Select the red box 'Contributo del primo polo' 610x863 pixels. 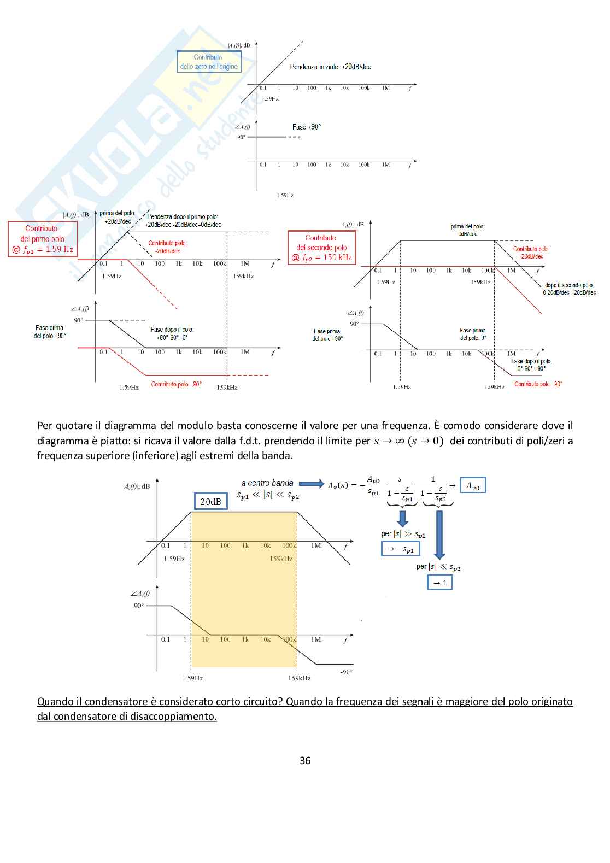[42, 239]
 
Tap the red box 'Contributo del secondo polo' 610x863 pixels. [321, 248]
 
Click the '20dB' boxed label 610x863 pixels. [210, 501]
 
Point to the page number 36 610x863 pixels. [305, 760]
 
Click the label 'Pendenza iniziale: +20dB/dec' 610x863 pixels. [330, 67]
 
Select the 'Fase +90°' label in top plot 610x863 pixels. [306, 127]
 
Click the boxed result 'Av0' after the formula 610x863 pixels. [472, 485]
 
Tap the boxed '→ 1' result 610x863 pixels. [440, 583]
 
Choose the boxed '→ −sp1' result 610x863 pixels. [400, 549]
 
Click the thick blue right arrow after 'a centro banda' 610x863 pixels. [312, 483]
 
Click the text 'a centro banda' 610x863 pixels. [267, 483]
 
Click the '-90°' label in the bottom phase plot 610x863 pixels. [346, 672]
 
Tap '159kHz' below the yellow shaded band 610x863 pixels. [299, 678]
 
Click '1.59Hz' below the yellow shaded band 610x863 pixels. [192, 678]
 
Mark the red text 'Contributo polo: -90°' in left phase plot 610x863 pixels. [177, 384]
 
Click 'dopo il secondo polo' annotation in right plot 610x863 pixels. [568, 285]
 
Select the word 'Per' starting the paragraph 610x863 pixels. [45, 425]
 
